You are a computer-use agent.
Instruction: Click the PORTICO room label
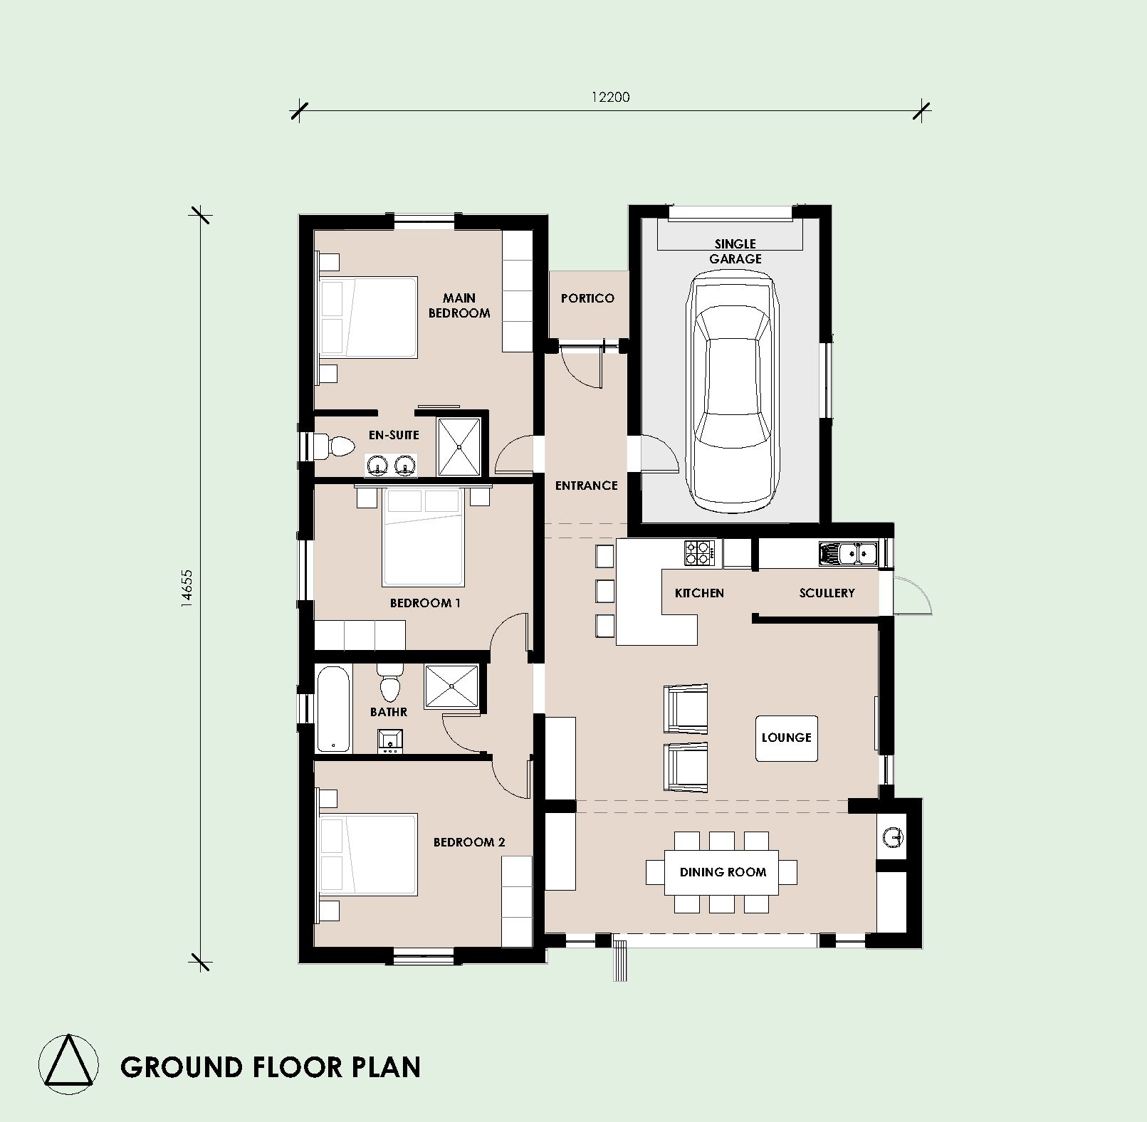point(587,298)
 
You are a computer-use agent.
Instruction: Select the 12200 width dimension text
point(610,97)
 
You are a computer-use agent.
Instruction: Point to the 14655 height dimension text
point(186,587)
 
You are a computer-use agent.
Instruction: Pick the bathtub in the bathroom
point(333,708)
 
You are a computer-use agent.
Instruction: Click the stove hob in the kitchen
point(699,553)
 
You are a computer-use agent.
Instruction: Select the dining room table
point(722,872)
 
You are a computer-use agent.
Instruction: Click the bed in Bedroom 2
point(368,855)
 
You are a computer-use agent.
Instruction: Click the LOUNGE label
point(786,738)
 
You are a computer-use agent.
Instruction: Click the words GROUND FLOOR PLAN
point(271,1067)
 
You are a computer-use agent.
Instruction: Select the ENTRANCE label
point(586,486)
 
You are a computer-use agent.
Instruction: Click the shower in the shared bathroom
point(452,686)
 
